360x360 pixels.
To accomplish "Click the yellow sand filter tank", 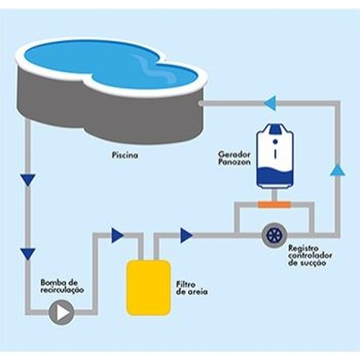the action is pos(148,288).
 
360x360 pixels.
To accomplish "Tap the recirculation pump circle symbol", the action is pos(62,312).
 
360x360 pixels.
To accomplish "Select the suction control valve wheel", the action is pos(275,235).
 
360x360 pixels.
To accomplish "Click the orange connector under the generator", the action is pos(274,205).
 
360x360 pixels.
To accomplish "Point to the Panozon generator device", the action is pos(275,156).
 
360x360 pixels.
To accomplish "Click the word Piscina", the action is pos(125,155).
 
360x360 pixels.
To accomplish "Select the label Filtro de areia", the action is pos(192,288).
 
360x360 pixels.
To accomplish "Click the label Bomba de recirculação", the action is pos(62,287).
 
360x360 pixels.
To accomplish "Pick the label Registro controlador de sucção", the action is pos(310,256).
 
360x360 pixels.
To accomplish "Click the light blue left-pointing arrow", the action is pos(270,103).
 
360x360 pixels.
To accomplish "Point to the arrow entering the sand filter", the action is pos(117,235).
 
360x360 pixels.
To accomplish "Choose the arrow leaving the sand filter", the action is pos(186,235).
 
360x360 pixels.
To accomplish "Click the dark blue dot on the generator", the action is pos(275,142).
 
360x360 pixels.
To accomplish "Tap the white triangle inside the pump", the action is pos(63,313).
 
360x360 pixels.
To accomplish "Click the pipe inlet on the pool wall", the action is pos(200,103).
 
